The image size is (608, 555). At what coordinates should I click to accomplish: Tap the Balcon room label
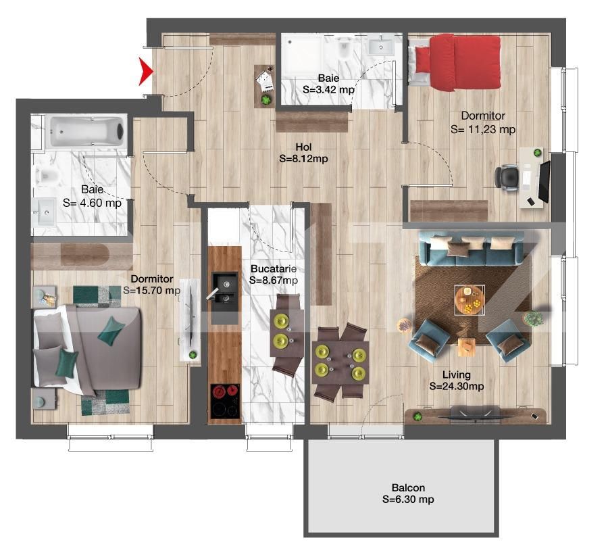408,487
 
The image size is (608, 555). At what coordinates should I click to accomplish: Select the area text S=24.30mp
457,386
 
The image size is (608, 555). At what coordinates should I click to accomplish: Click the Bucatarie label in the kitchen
274,268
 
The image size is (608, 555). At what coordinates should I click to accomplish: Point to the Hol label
303,147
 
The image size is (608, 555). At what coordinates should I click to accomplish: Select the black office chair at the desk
507,177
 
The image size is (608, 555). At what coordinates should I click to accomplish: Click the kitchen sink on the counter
224,287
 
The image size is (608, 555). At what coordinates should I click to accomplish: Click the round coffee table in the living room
470,299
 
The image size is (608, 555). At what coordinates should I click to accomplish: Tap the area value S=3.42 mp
328,90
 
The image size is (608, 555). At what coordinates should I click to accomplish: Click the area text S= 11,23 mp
483,129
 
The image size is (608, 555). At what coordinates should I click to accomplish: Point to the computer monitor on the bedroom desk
544,181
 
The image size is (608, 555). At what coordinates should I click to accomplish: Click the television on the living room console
474,416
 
